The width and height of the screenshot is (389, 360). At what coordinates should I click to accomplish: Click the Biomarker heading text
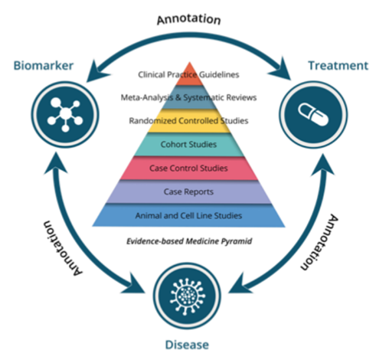coord(44,66)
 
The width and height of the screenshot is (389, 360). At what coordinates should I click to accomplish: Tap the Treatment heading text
coord(338,66)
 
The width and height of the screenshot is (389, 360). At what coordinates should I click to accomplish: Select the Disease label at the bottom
coord(187,345)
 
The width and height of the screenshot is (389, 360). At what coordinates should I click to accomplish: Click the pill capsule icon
coord(313,114)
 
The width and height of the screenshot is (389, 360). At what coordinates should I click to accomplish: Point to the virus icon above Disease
coord(188,296)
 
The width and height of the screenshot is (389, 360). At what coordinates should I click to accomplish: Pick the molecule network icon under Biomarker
coord(65,114)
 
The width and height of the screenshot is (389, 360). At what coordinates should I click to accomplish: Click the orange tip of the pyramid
coord(189,74)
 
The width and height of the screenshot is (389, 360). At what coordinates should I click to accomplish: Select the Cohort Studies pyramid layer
coord(189,145)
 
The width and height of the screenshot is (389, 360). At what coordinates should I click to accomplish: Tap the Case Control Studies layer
coord(189,169)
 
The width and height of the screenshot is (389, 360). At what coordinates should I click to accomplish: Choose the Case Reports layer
coord(189,191)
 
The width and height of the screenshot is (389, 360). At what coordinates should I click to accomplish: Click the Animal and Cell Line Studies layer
coord(189,215)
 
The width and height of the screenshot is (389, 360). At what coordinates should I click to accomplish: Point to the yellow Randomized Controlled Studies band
coord(189,121)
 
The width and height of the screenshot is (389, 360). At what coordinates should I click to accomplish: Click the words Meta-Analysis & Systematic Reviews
coord(188,97)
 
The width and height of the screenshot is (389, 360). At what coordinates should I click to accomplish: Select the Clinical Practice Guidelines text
coord(188,74)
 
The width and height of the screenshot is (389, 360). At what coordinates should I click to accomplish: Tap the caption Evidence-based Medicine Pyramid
coord(189,241)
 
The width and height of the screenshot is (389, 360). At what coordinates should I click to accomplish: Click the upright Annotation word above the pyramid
coord(188,19)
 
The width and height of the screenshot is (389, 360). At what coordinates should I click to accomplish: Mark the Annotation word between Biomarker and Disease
coord(63,248)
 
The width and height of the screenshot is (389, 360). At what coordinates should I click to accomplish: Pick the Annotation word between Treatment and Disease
coord(319,242)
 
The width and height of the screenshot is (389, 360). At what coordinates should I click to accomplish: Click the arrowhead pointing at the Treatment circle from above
coord(281,69)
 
